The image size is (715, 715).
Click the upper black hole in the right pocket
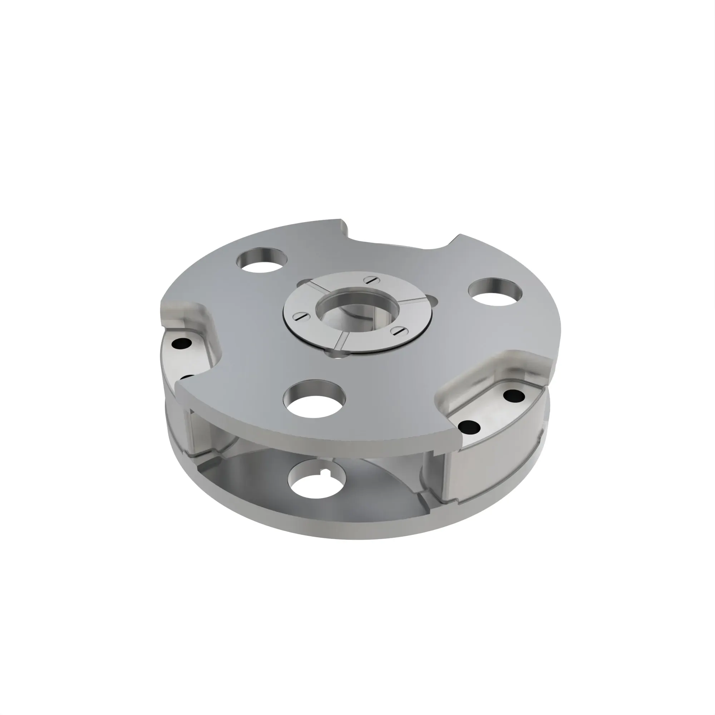pyautogui.click(x=514, y=396)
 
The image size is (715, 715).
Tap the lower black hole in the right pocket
pyautogui.click(x=469, y=427)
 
